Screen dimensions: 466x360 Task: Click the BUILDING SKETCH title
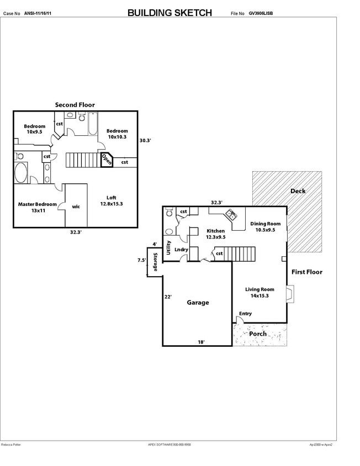pos(169,13)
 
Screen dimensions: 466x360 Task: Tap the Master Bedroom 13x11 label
pos(38,208)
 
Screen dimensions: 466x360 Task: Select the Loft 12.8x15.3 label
pos(111,201)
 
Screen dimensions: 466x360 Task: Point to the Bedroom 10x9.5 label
pos(34,129)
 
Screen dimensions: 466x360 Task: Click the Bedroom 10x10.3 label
pos(117,134)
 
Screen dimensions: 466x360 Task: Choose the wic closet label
pos(76,206)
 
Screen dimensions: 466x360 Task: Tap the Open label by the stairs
pos(106,160)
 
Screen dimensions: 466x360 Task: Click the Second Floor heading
pos(75,104)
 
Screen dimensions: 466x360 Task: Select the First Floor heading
pos(306,272)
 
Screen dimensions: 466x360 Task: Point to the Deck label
pos(298,191)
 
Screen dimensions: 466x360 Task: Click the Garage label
pos(197,303)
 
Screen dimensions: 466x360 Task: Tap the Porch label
pos(258,333)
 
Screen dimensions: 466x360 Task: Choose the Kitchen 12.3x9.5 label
pos(215,234)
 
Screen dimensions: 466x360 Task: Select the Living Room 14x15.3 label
pos(260,292)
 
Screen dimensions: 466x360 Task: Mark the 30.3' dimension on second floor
pos(145,140)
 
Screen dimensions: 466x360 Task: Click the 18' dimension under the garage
pos(202,342)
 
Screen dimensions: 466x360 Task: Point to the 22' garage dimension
pos(168,296)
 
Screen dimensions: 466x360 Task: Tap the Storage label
pos(155,262)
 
